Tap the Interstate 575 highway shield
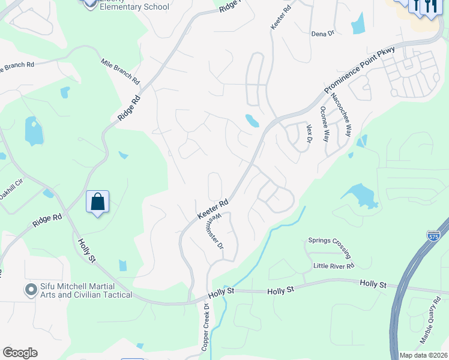pyautogui.click(x=433, y=236)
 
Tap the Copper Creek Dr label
pyautogui.click(x=205, y=327)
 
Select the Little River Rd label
pyautogui.click(x=334, y=265)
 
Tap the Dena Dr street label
pyautogui.click(x=322, y=34)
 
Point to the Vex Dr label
pyautogui.click(x=310, y=134)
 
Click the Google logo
pyautogui.click(x=20, y=353)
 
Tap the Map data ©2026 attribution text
pyautogui.click(x=424, y=355)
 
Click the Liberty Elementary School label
pyautogui.click(x=134, y=6)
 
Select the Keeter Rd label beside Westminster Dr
pyautogui.click(x=213, y=209)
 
